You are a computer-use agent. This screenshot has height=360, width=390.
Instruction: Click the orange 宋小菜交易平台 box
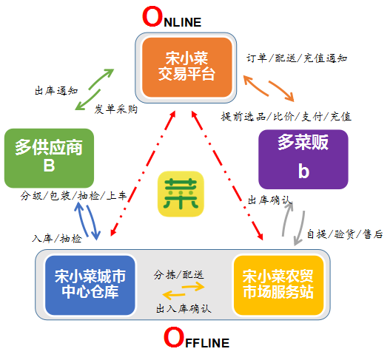[x=187, y=67]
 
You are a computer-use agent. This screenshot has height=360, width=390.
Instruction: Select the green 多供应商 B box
[x=50, y=158]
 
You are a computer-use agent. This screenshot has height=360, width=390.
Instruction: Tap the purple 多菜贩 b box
[x=303, y=159]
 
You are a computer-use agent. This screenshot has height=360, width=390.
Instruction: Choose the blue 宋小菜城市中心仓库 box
[x=90, y=285]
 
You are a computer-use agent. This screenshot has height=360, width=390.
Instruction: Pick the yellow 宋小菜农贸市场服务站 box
[x=278, y=285]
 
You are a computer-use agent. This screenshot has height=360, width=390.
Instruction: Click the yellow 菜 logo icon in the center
[x=181, y=194]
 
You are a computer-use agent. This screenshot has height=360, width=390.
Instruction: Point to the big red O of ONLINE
[x=152, y=17]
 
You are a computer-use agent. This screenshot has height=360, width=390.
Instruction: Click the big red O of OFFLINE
[x=174, y=337]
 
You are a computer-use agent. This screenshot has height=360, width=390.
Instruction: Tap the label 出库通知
[x=56, y=91]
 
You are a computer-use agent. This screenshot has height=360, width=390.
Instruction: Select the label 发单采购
[x=116, y=109]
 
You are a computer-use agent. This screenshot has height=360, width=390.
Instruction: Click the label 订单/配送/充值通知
[x=297, y=58]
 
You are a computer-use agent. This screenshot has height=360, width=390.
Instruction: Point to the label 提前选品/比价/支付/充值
[x=286, y=117]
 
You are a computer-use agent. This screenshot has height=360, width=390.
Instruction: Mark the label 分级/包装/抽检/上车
[x=74, y=196]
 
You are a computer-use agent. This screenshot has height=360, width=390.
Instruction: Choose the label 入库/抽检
[x=57, y=239]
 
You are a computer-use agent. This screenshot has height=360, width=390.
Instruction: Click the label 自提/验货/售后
[x=345, y=234]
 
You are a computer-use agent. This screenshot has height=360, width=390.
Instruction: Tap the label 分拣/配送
[x=179, y=275]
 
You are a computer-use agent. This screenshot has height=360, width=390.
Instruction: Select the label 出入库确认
[x=184, y=309]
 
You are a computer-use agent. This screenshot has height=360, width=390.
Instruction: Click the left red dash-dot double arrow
[x=143, y=173]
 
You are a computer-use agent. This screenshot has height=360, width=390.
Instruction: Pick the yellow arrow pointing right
[x=193, y=288]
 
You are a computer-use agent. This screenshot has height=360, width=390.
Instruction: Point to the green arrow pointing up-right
[x=101, y=79]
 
